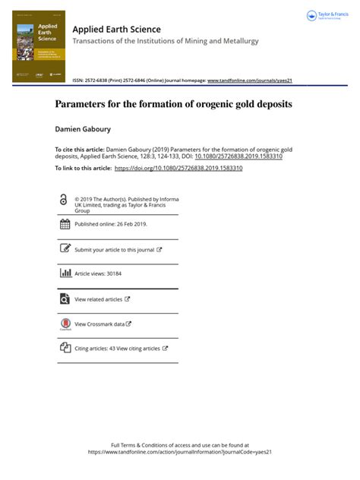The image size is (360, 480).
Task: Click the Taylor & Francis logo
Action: click(327, 16)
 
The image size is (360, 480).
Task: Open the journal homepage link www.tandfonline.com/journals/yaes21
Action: click(250, 80)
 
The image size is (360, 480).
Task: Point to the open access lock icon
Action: click(64, 199)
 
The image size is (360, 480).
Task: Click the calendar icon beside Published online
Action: click(65, 224)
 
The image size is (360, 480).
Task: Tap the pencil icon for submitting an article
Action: click(65, 248)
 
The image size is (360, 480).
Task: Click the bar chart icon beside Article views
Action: click(65, 273)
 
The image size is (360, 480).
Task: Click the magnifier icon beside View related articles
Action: click(65, 299)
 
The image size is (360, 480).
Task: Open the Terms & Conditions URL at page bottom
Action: click(180, 452)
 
